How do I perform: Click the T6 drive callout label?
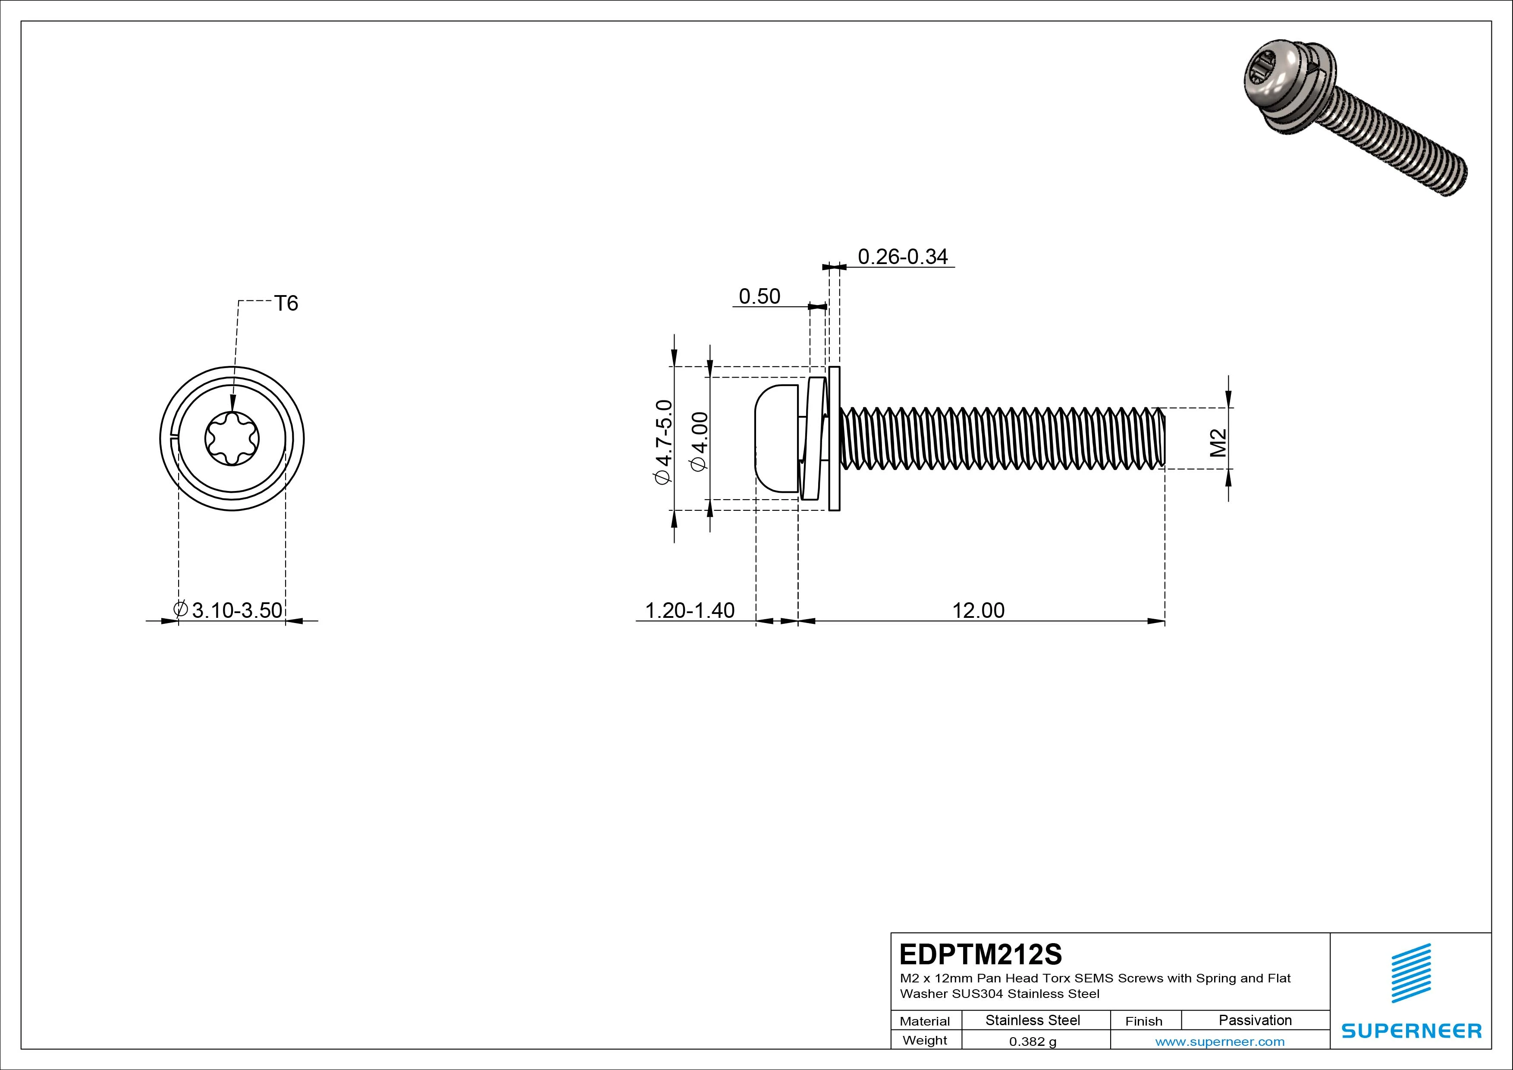(x=286, y=303)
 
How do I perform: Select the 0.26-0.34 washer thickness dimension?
(x=902, y=256)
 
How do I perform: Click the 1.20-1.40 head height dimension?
(x=689, y=611)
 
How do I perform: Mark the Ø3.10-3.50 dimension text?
(x=229, y=611)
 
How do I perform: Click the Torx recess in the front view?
(x=232, y=438)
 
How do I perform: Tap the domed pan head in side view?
(x=775, y=438)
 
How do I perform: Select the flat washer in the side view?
(x=834, y=438)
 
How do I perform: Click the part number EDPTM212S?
(x=980, y=954)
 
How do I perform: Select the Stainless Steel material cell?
(x=1032, y=1020)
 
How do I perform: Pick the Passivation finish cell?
(x=1255, y=1020)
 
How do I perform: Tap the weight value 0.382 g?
(x=1032, y=1042)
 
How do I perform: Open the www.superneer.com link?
(x=1220, y=1042)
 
